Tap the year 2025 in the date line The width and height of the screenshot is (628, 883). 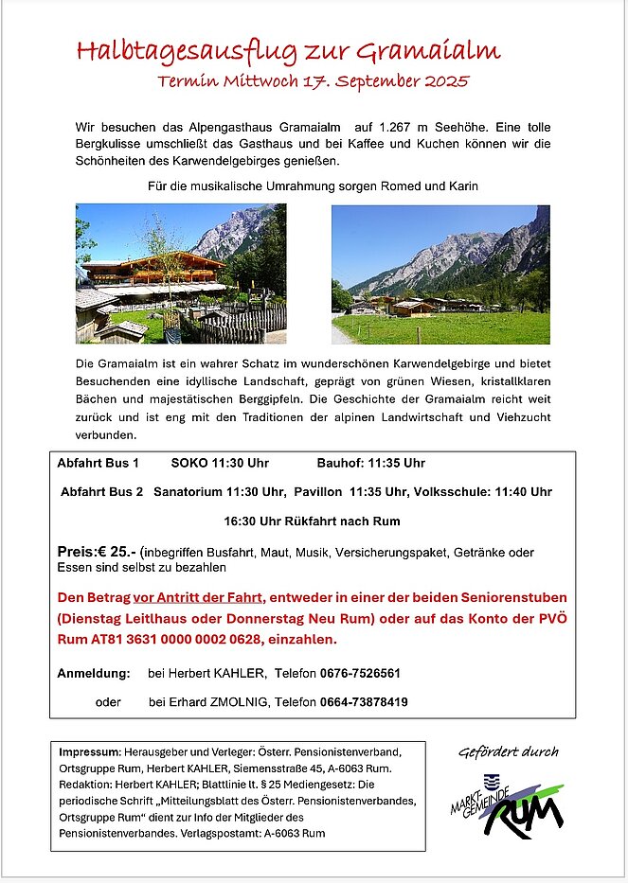point(442,81)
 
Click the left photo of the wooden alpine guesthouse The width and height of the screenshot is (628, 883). point(180,274)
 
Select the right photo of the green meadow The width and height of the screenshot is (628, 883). point(440,274)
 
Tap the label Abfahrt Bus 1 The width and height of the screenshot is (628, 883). point(98,464)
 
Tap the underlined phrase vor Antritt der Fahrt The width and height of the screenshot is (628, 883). point(198,598)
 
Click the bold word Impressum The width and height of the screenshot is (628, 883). point(88,751)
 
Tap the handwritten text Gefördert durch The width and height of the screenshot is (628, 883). point(509,752)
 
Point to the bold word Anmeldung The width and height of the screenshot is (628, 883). point(93,674)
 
